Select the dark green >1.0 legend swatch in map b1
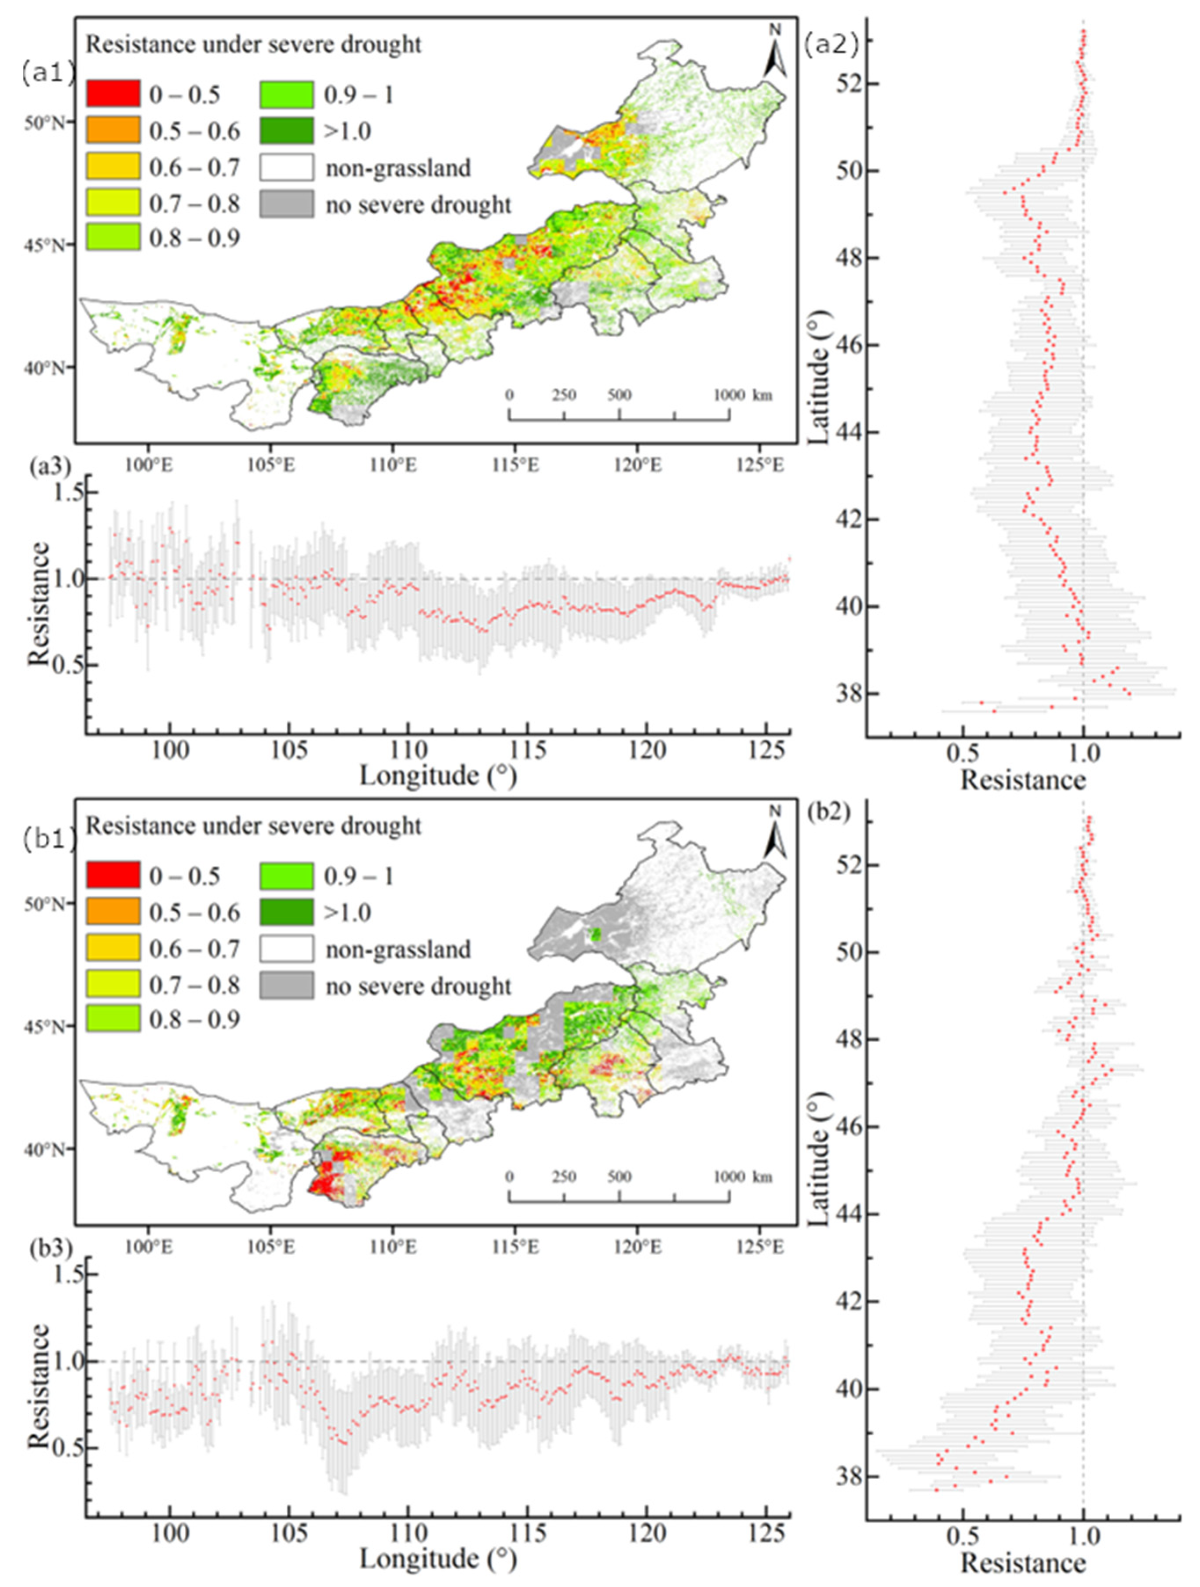tap(287, 912)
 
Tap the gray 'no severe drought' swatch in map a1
tap(287, 204)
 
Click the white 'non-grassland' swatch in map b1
tap(287, 949)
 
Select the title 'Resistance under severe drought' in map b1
tap(253, 826)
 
